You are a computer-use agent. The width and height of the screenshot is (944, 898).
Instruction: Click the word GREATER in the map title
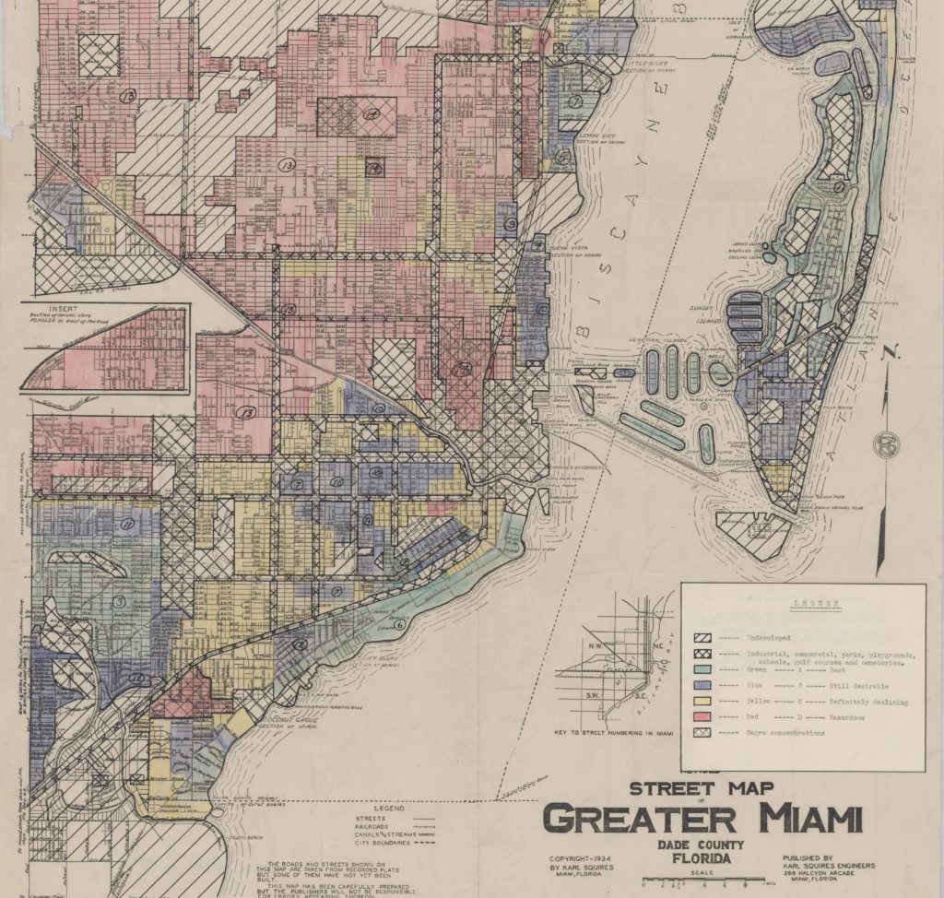[645, 818]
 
